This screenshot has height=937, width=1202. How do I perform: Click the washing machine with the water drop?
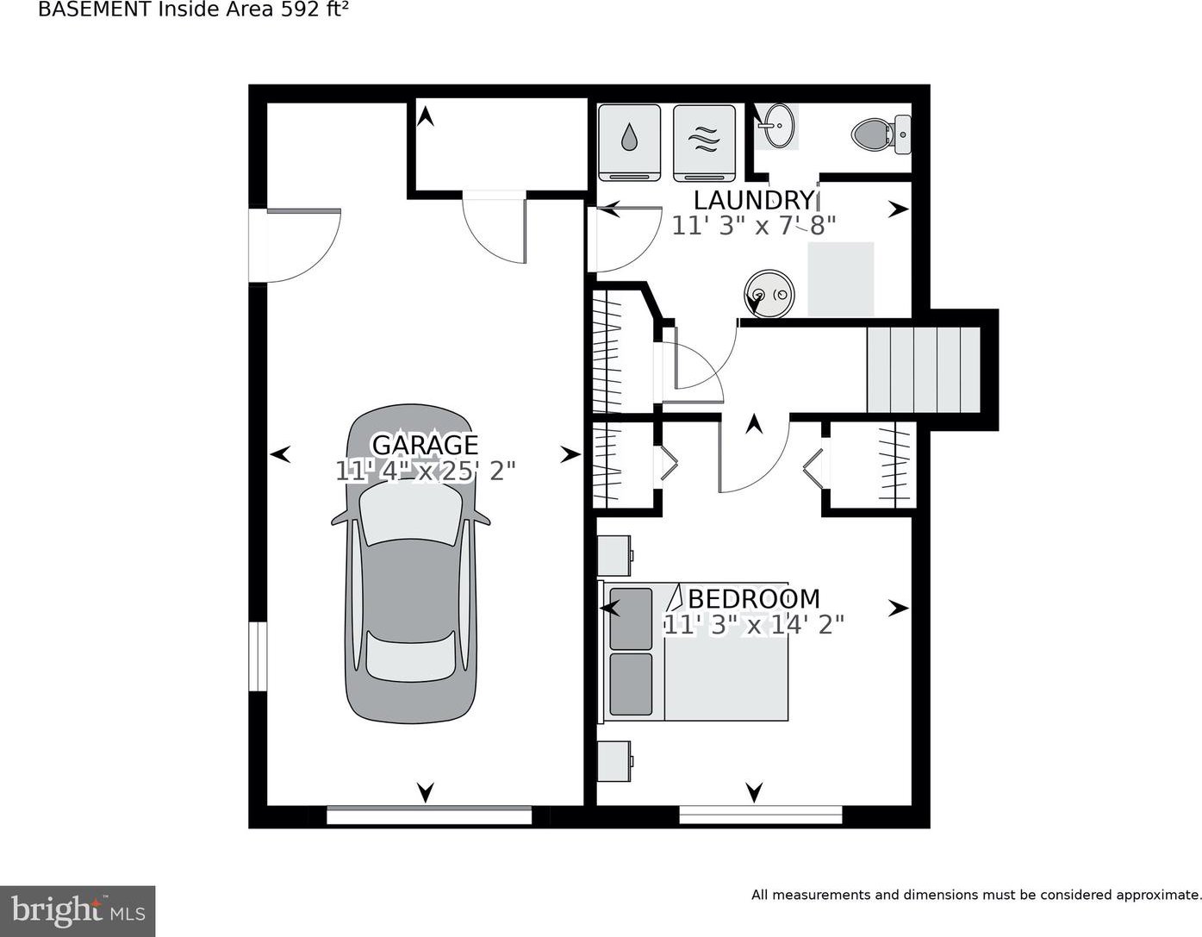[x=630, y=143]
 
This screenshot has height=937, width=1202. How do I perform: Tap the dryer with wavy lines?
[x=704, y=143]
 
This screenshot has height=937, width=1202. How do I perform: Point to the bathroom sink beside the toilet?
[x=776, y=126]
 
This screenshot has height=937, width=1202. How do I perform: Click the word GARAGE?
[x=425, y=445]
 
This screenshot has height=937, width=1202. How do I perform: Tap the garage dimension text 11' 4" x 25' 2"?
[x=426, y=472]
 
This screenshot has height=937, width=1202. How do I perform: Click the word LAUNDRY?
[x=754, y=200]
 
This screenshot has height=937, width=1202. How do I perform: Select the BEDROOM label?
[x=754, y=598]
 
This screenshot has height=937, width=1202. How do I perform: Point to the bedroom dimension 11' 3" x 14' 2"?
[x=754, y=625]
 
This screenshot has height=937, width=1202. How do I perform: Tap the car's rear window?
[x=410, y=657]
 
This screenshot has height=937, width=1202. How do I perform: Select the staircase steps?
[x=923, y=370]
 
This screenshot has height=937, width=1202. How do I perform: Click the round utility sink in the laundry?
[x=769, y=294]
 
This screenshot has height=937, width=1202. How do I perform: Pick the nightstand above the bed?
[x=615, y=555]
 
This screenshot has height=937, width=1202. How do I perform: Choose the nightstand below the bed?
[x=615, y=761]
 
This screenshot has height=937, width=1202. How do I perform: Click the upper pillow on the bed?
[x=631, y=618]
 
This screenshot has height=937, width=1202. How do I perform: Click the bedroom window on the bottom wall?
[x=761, y=815]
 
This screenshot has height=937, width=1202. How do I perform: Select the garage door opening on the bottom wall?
[x=429, y=815]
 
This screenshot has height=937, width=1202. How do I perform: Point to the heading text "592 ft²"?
[x=315, y=10]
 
